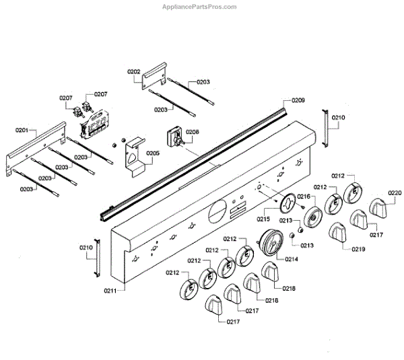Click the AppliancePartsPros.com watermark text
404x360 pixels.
pyautogui.click(x=200, y=7)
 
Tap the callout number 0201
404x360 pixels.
pyautogui.click(x=22, y=130)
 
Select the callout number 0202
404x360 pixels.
pyautogui.click(x=133, y=71)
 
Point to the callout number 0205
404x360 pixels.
pyautogui.click(x=153, y=153)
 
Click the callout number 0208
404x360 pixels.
pyautogui.click(x=193, y=133)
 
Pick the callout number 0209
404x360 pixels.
pyautogui.click(x=298, y=100)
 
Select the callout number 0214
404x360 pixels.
pyautogui.click(x=292, y=258)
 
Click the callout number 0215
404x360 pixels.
pyautogui.click(x=263, y=219)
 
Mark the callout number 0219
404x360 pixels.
pyautogui.click(x=358, y=248)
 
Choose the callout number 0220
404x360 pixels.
pyautogui.click(x=395, y=193)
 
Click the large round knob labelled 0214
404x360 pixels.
pyautogui.click(x=270, y=242)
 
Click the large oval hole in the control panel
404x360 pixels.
pyautogui.click(x=218, y=210)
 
